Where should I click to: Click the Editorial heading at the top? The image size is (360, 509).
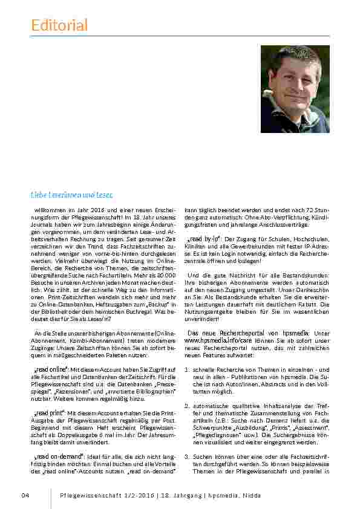(x=59, y=25)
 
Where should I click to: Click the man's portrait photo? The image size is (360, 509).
(x=295, y=89)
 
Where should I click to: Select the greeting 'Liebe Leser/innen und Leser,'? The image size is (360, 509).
(x=72, y=194)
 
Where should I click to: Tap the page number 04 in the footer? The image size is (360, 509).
(x=25, y=495)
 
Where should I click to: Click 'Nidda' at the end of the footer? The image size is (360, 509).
(x=252, y=495)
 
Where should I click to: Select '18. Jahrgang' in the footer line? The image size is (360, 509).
(x=182, y=495)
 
